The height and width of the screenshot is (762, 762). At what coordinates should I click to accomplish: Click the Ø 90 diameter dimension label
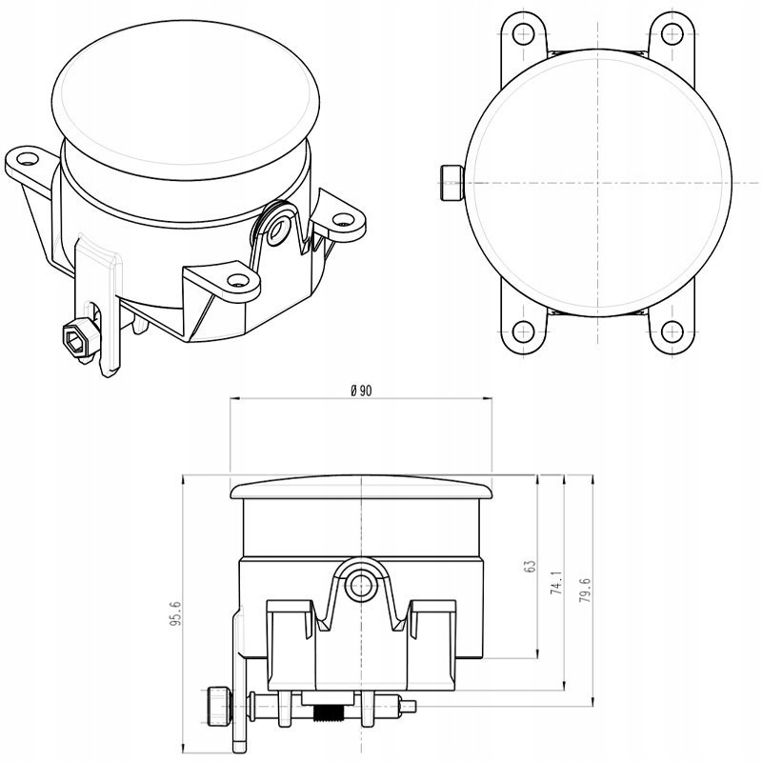361,391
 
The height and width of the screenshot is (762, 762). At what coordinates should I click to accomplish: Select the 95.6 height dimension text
175,612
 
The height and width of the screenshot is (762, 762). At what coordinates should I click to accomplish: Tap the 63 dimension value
531,566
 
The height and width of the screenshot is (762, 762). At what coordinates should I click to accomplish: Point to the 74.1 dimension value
557,583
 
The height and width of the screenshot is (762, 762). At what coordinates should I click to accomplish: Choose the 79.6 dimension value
585,591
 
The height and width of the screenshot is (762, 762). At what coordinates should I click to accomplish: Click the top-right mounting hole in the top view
672,34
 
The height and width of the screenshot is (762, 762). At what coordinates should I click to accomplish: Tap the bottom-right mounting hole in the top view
672,331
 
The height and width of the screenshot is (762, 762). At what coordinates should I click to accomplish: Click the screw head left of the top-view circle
451,183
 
